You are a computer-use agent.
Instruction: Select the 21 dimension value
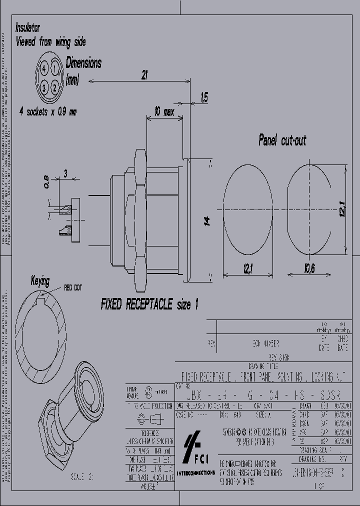pyautogui.click(x=144, y=75)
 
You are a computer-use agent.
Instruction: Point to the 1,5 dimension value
pyautogui.click(x=204, y=97)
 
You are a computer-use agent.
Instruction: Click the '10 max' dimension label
pyautogui.click(x=164, y=112)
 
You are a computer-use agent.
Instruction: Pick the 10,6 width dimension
pyautogui.click(x=308, y=268)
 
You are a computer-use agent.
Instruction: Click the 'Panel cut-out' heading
pyautogui.click(x=282, y=140)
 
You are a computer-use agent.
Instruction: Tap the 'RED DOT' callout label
pyautogui.click(x=73, y=287)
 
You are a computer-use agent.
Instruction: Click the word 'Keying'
pyautogui.click(x=40, y=280)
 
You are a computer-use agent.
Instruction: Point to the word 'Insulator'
pyautogui.click(x=28, y=27)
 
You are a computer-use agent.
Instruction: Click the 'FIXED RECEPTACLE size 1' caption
pyautogui.click(x=149, y=304)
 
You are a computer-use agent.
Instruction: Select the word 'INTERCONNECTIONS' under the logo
pyautogui.click(x=195, y=472)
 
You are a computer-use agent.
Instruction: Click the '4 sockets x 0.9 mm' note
pyautogui.click(x=48, y=111)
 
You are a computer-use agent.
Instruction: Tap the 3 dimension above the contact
pyautogui.click(x=65, y=173)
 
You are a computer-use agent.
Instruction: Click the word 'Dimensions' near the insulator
pyautogui.click(x=83, y=63)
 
